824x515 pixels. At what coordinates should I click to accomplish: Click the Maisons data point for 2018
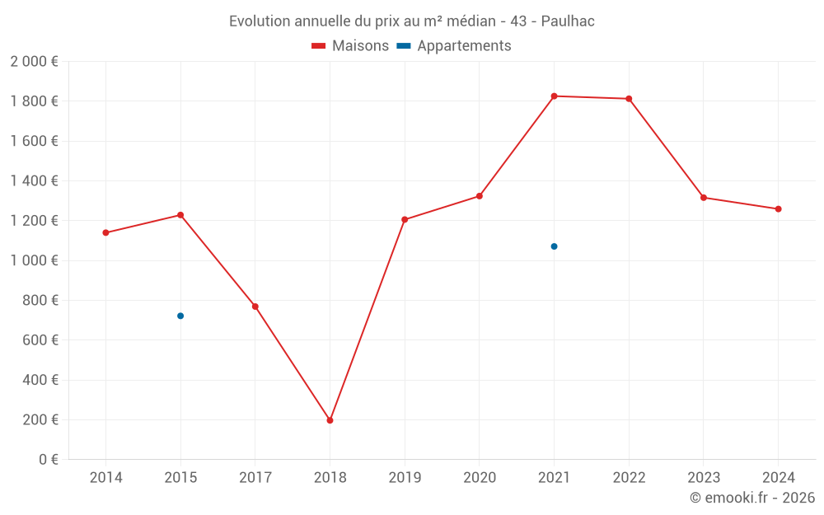(x=330, y=420)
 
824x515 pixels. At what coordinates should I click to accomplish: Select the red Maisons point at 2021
(x=554, y=96)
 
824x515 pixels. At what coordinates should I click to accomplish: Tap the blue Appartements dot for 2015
(x=180, y=316)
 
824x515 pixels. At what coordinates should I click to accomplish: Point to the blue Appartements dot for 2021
(x=554, y=246)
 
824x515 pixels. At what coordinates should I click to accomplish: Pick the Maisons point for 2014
(x=105, y=232)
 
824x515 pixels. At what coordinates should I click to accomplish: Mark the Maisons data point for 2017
(x=255, y=307)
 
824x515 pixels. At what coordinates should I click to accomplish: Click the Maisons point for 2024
(x=778, y=208)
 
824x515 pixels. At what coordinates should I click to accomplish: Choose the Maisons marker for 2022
(x=629, y=99)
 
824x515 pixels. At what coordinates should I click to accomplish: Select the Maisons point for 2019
(x=405, y=219)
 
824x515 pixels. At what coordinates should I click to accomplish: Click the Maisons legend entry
(x=350, y=46)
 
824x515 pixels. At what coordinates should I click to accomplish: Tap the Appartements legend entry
(x=455, y=46)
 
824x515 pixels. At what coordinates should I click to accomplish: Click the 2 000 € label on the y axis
(x=34, y=62)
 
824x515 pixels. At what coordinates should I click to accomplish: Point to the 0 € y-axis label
(x=49, y=460)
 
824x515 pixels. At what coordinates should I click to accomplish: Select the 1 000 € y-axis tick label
(x=34, y=260)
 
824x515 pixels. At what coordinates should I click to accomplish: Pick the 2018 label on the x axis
(x=330, y=477)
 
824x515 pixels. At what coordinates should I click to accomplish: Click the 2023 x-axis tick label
(x=703, y=477)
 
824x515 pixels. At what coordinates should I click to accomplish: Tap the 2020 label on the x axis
(x=480, y=477)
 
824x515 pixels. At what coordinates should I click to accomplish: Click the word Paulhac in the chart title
(x=568, y=21)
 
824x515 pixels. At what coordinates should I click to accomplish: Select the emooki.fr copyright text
(x=752, y=498)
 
